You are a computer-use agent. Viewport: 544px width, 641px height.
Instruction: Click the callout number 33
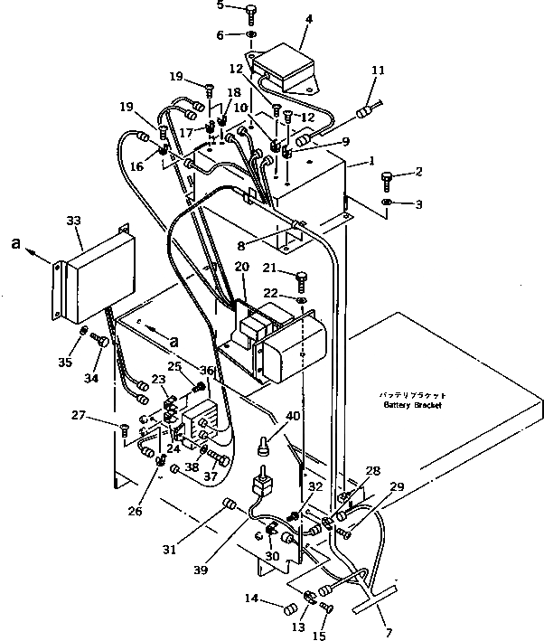click(73, 220)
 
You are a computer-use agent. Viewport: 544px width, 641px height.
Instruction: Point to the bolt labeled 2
click(387, 176)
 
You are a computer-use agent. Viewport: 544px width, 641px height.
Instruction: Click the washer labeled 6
click(250, 36)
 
